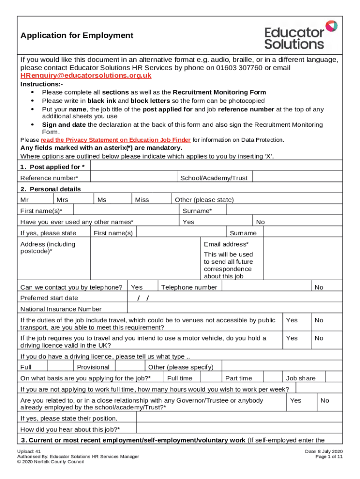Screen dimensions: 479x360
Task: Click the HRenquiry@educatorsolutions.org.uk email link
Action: [x=86, y=75]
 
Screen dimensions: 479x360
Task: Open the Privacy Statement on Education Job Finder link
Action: [x=115, y=140]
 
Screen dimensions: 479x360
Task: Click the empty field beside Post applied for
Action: [x=216, y=167]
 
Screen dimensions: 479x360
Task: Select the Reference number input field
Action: [x=133, y=178]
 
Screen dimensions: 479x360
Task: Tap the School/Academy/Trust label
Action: [x=214, y=178]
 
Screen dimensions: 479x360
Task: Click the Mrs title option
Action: [x=62, y=200]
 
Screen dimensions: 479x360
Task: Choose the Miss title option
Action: [x=142, y=200]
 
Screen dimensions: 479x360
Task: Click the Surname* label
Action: [x=197, y=211]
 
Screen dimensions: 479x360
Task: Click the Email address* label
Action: [x=226, y=244]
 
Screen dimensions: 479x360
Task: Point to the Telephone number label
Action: [x=189, y=287]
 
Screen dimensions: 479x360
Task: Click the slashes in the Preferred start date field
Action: [x=143, y=298]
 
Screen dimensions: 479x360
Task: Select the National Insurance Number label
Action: [x=61, y=309]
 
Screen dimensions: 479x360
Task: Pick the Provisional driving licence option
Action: [x=93, y=367]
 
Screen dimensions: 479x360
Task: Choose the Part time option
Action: [x=238, y=378]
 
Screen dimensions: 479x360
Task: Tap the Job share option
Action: [x=301, y=378]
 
